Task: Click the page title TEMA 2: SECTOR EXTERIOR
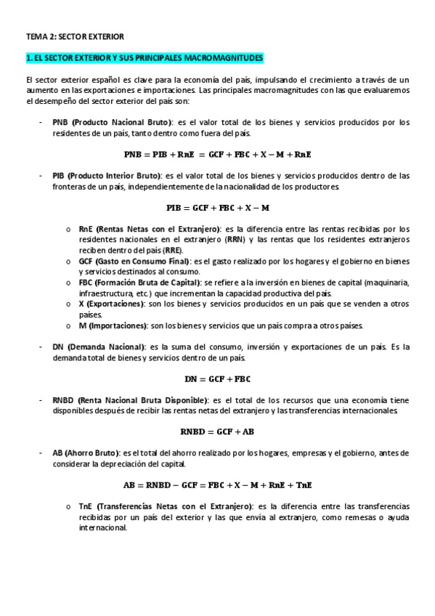point(75,35)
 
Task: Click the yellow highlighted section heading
point(145,57)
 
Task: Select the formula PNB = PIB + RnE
point(217,154)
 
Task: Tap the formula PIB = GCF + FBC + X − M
point(217,207)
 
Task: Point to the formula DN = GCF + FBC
point(217,378)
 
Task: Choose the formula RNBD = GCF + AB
point(217,431)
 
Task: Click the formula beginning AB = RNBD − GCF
point(217,485)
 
